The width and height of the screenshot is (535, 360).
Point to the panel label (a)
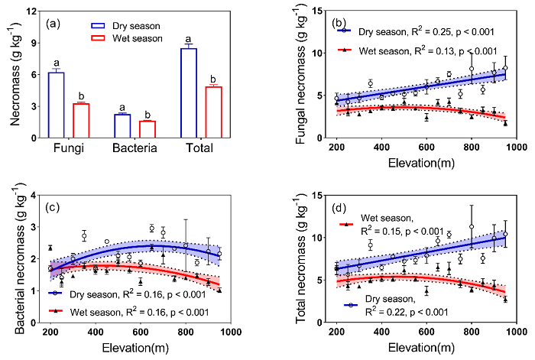coord(54,23)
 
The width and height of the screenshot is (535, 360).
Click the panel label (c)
coord(56,209)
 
